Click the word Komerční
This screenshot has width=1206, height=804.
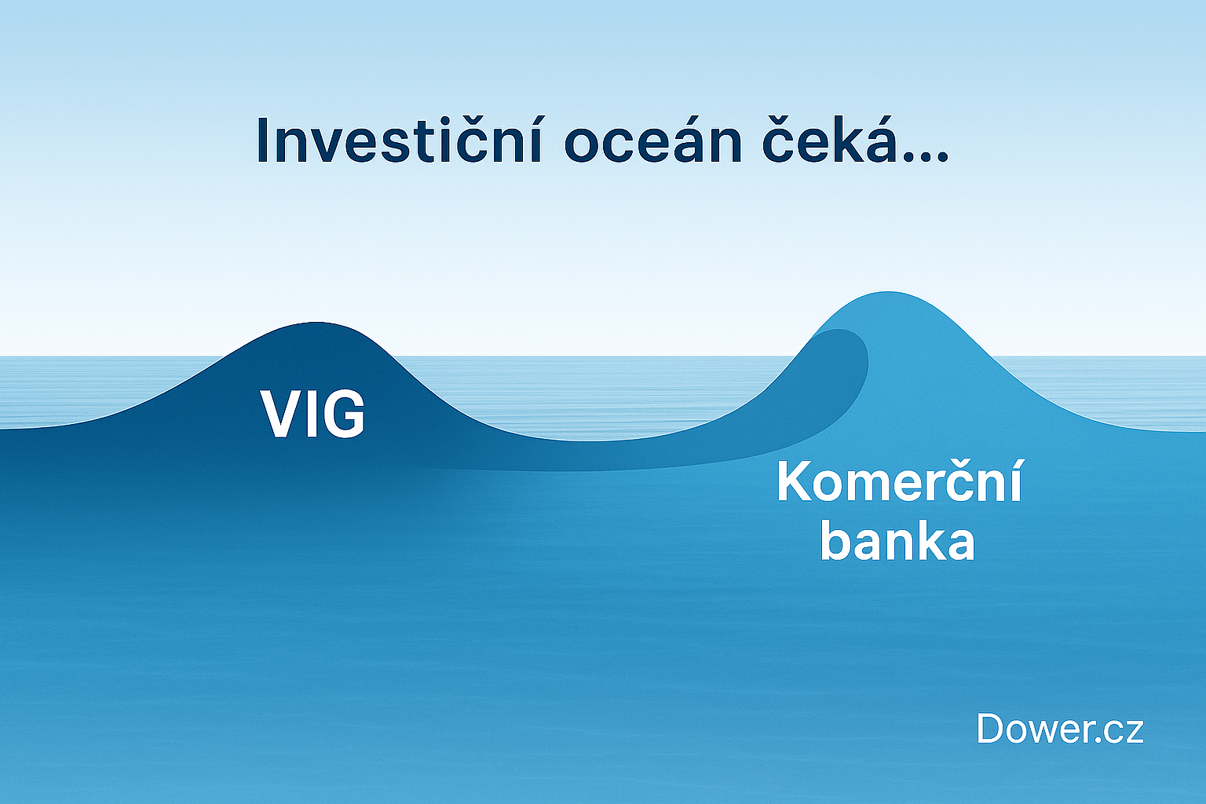point(899,485)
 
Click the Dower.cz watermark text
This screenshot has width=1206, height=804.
point(1059,729)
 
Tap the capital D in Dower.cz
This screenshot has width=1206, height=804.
point(989,729)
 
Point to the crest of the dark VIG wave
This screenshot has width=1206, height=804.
point(312,323)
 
